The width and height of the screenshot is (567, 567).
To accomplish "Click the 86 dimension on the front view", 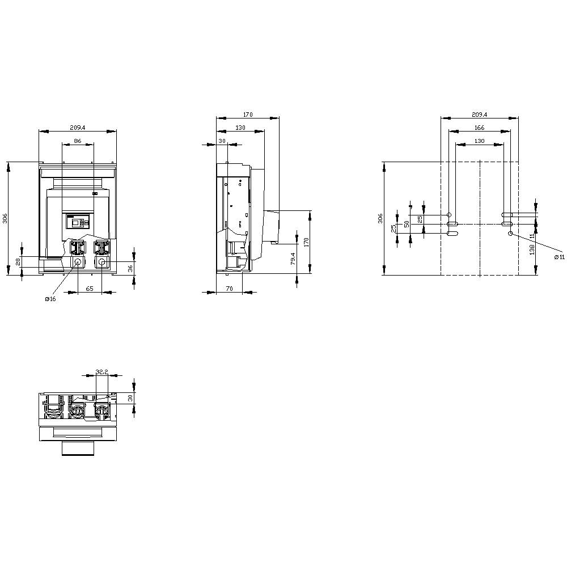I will [x=78, y=140].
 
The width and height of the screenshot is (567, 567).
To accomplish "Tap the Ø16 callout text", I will [x=50, y=299].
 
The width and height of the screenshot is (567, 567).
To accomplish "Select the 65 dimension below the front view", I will [x=90, y=289].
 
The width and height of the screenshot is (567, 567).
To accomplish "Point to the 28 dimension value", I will [x=18, y=261].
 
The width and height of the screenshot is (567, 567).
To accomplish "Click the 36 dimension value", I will [x=130, y=269].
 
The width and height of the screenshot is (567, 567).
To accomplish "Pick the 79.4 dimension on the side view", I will [x=293, y=259].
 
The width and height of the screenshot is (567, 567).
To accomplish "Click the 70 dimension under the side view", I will [x=229, y=289].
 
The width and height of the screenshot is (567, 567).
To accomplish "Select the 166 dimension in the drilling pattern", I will [x=479, y=128].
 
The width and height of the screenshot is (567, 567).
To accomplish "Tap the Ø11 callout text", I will [x=559, y=257].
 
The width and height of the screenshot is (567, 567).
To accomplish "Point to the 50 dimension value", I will [x=406, y=224].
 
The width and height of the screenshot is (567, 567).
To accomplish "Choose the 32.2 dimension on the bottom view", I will [x=101, y=372].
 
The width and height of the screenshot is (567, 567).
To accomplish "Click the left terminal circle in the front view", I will [x=77, y=263].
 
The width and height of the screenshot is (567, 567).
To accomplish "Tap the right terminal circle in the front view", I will [x=101, y=263].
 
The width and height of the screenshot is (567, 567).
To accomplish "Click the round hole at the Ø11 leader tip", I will [x=510, y=233].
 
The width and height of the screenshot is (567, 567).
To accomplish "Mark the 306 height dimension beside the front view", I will [x=5, y=218].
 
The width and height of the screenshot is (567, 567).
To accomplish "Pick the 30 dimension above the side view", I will [x=222, y=141].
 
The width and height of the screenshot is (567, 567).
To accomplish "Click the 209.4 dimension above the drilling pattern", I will [x=479, y=114].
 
